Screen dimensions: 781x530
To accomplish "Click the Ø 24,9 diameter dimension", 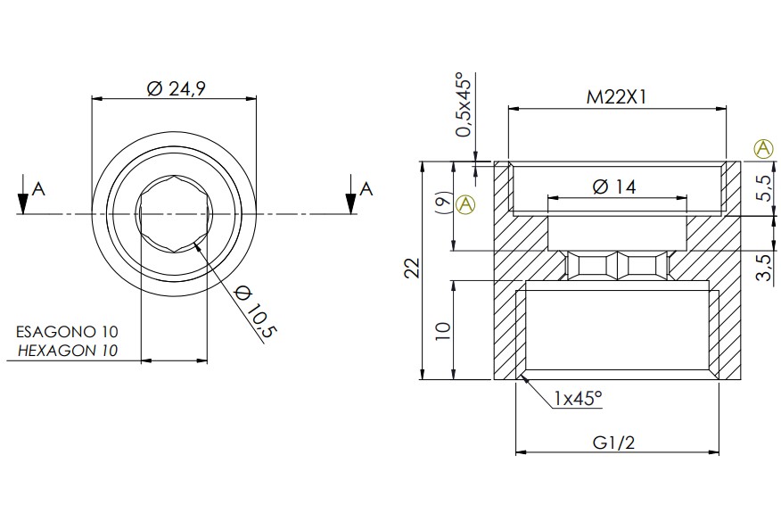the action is click(177, 88).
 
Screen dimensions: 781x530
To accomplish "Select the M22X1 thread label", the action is click(617, 96).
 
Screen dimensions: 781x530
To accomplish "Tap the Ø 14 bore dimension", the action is click(614, 187).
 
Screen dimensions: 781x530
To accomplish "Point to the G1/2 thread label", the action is click(613, 443).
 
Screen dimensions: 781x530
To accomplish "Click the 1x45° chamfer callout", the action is click(578, 398).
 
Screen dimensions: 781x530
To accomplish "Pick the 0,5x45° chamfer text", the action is click(464, 104).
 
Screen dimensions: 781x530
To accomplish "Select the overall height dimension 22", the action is click(413, 269).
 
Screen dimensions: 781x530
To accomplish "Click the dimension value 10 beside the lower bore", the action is click(443, 331).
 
